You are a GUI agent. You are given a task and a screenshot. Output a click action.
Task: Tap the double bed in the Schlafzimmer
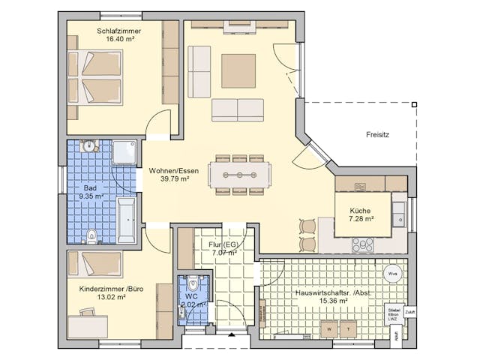coord(95,77)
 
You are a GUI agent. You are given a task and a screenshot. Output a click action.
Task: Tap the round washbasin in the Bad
coord(89,146)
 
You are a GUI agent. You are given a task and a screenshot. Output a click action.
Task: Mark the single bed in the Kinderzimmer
coord(95,264)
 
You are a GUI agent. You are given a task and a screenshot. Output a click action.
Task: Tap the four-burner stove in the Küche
coord(363,244)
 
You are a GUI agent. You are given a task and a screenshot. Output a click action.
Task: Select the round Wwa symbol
coord(391,274)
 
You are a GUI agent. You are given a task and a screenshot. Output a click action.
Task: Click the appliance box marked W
coord(329,328)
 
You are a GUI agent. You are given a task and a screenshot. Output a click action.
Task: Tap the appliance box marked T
coord(349,328)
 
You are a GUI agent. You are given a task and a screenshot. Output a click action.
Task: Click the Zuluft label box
coord(409,310)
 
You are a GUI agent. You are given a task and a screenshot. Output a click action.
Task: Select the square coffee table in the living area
coord(238,70)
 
